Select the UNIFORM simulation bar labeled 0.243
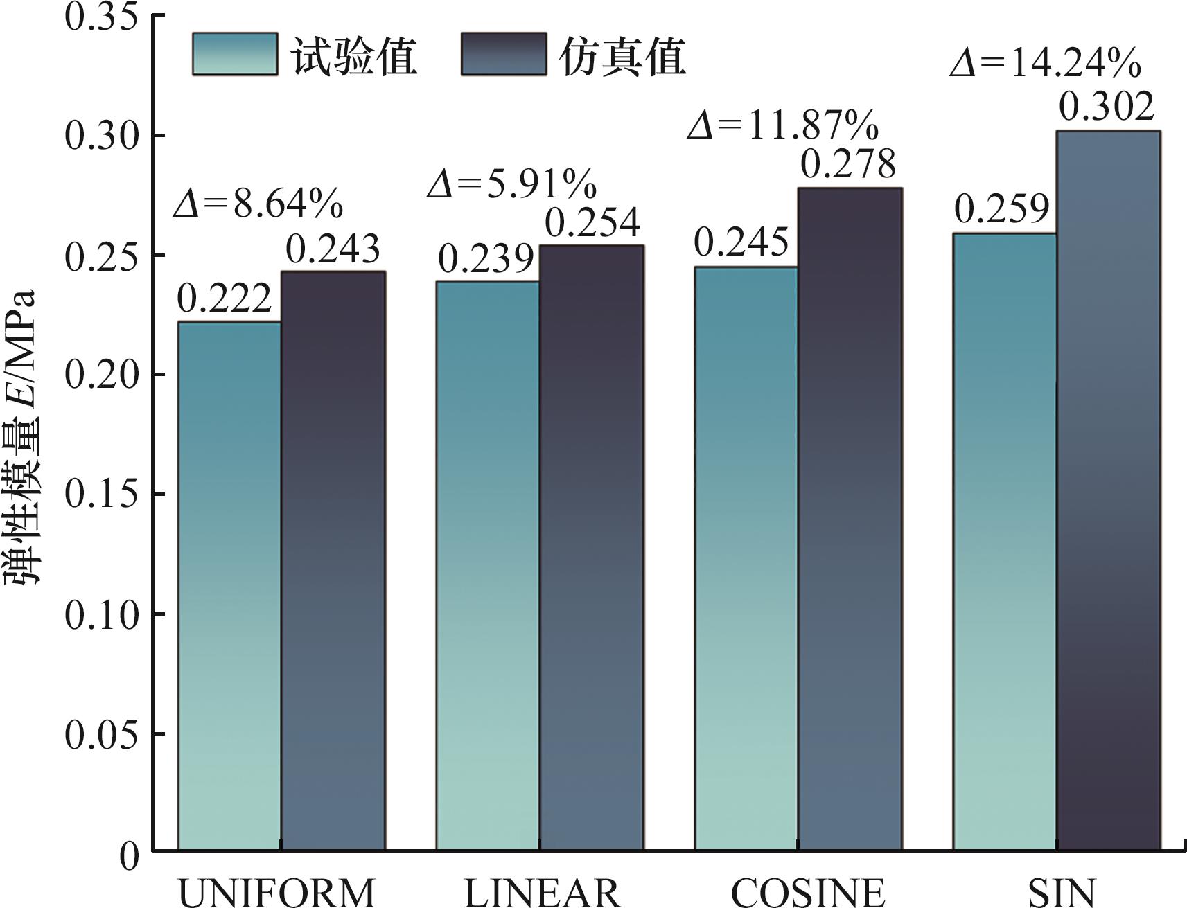(x=333, y=560)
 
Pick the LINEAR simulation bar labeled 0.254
(x=592, y=547)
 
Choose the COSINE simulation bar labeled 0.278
(x=850, y=519)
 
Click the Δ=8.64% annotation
(x=258, y=203)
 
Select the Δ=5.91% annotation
(x=512, y=184)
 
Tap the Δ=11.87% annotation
(x=783, y=125)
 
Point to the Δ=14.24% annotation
(x=1046, y=63)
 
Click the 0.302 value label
(x=1107, y=106)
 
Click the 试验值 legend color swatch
(x=235, y=54)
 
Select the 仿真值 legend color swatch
(x=504, y=54)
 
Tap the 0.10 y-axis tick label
(x=101, y=615)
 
